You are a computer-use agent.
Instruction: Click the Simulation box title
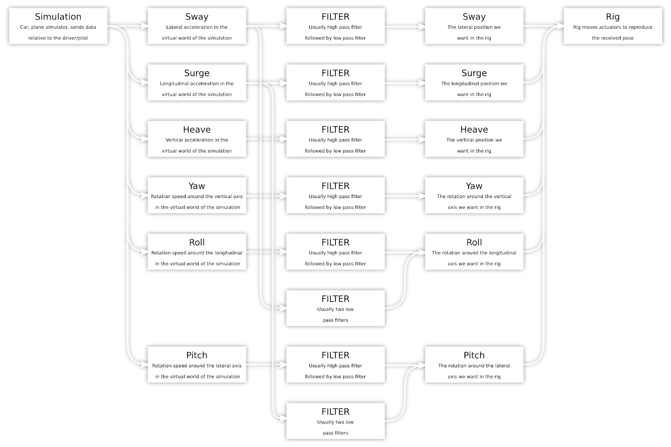(58, 17)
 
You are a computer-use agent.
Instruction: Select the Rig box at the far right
(612, 26)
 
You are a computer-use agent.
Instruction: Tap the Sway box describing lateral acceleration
(197, 26)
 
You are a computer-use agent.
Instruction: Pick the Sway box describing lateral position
(474, 26)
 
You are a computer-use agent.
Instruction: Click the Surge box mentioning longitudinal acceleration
(197, 82)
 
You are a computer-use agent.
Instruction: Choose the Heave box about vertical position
(474, 139)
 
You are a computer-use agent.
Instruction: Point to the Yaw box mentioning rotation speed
(197, 195)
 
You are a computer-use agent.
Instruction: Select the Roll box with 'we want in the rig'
(474, 252)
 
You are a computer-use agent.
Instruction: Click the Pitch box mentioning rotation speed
(197, 364)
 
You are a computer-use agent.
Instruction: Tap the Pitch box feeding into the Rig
(474, 364)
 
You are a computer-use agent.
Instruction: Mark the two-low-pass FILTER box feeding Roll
(335, 308)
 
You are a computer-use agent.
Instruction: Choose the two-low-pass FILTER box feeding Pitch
(335, 421)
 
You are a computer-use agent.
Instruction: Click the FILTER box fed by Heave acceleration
(335, 139)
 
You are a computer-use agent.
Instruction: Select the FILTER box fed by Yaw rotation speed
(335, 195)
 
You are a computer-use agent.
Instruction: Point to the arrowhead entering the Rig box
(560, 26)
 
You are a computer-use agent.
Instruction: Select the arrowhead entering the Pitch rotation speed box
(144, 365)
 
